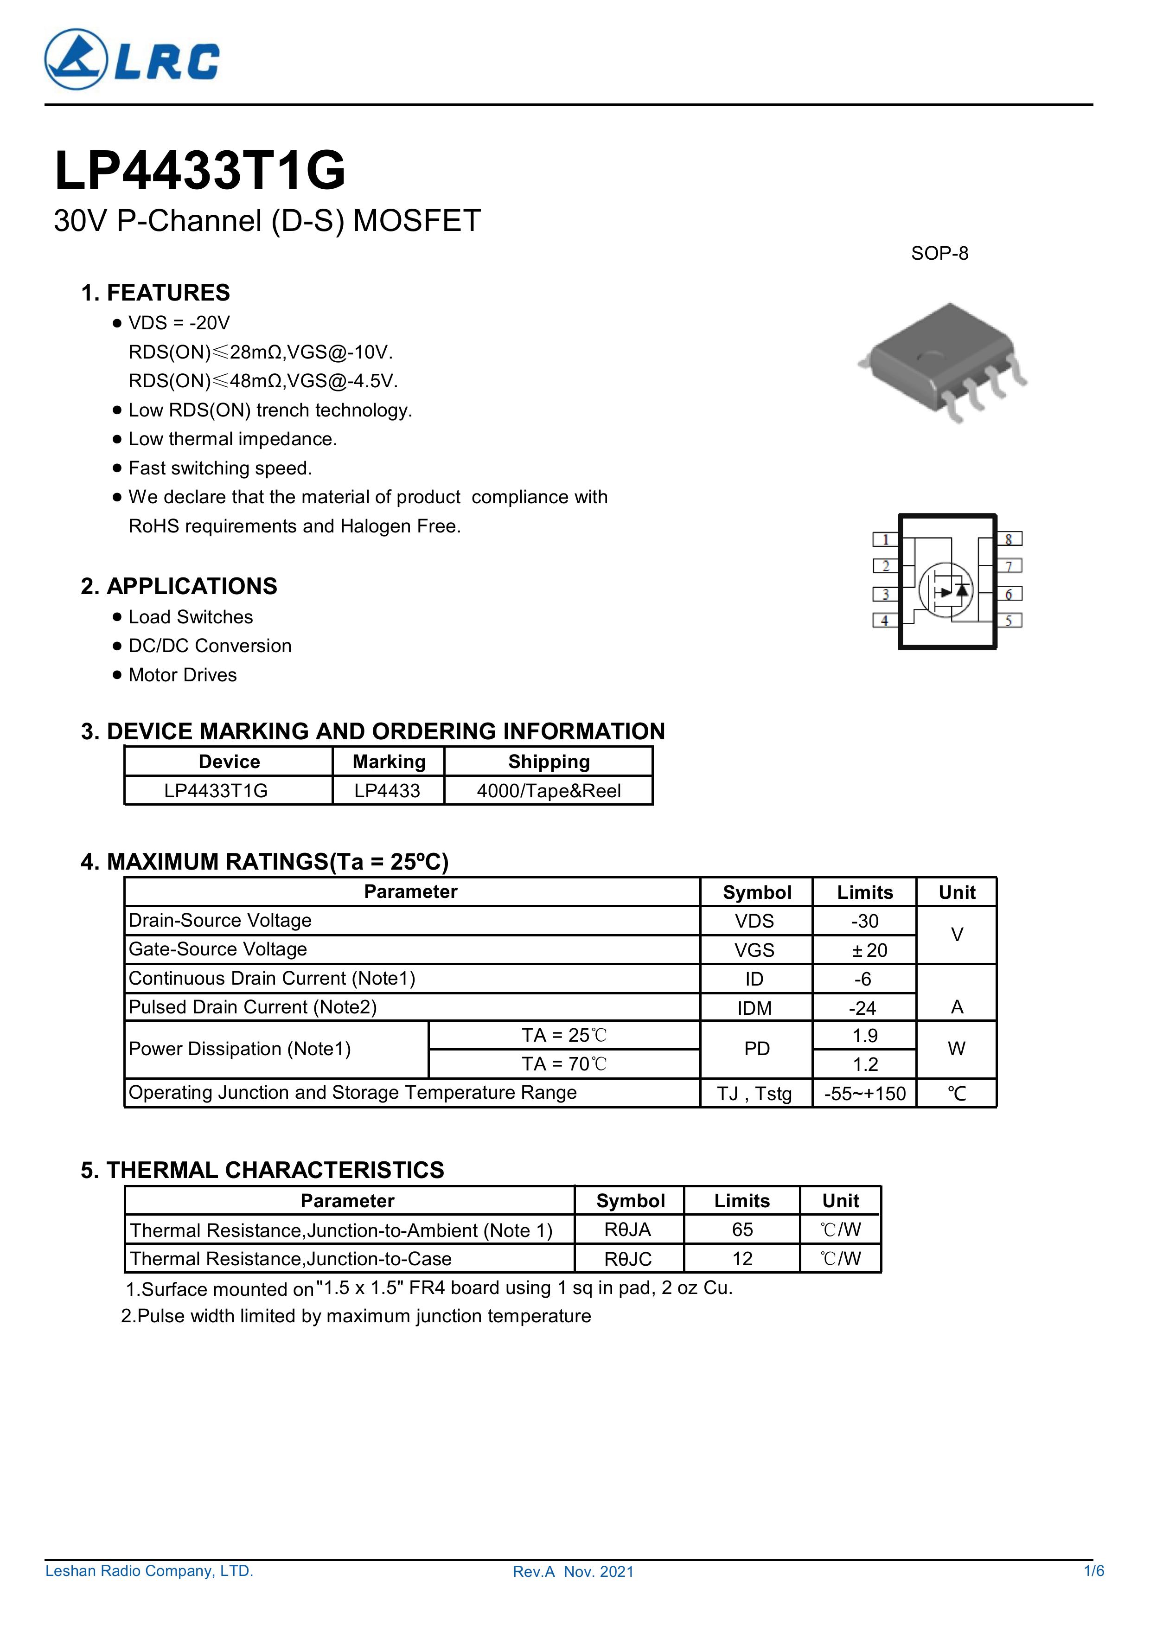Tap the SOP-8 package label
point(939,254)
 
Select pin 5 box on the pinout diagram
point(1009,621)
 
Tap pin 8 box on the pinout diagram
point(1009,539)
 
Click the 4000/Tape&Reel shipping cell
point(549,791)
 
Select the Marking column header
point(389,762)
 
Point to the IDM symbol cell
point(754,1008)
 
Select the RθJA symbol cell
point(628,1230)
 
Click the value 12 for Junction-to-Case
point(742,1259)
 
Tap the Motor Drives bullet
point(182,675)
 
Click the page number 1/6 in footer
point(1093,1571)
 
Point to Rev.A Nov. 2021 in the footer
point(573,1572)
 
